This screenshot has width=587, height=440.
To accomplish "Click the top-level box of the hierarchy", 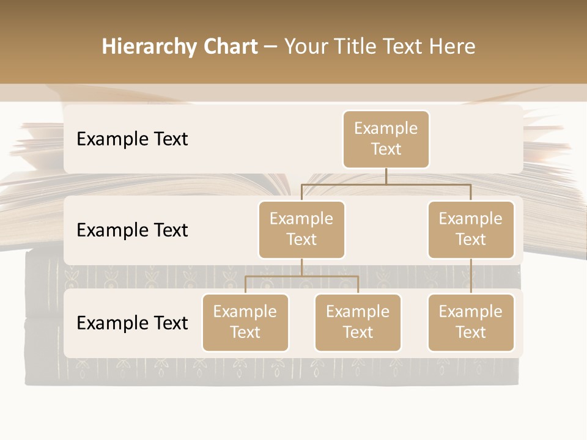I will coord(386,139).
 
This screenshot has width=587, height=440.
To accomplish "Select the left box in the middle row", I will coord(301,229).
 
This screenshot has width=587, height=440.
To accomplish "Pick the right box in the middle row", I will coord(471,229).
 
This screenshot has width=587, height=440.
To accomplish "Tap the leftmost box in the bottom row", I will coord(245,322).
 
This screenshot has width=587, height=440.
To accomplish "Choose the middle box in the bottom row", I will coord(358,322).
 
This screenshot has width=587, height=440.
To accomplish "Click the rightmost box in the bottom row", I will coord(471,322).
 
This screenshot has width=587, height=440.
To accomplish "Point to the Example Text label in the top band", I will coord(132,139).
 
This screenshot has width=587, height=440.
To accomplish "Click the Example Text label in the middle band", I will coord(132,230).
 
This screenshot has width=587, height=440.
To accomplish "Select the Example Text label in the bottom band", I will coord(132,323).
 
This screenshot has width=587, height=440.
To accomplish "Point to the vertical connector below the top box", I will coord(386,176).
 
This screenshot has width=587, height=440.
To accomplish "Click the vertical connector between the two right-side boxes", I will coord(471,276).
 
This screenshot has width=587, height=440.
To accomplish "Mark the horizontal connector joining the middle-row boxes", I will coord(386,184).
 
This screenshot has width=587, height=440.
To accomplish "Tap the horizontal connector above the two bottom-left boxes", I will coord(301,276).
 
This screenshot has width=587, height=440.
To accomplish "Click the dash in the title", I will coord(271,47).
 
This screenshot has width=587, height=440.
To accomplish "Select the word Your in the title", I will coord(306,46).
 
